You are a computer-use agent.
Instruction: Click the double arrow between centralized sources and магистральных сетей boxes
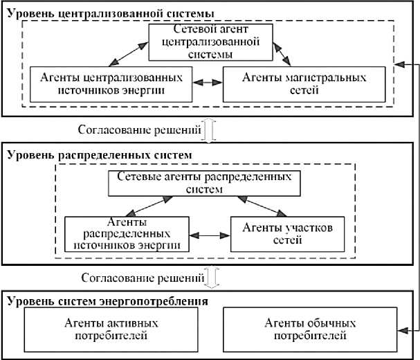tap(206, 82)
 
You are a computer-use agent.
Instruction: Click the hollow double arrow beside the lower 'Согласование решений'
tap(212, 279)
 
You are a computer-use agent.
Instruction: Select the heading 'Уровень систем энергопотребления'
tap(107, 302)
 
